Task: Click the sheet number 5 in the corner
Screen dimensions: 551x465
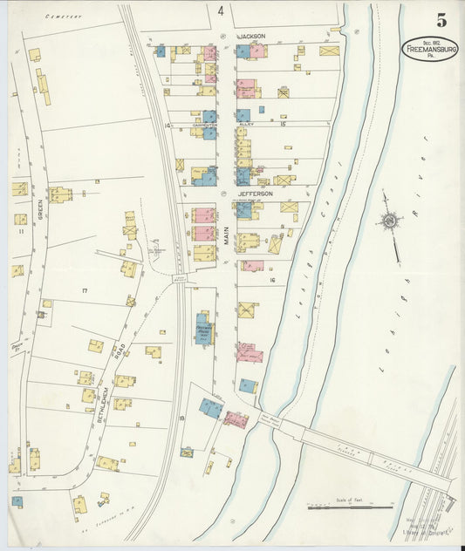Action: pos(441,20)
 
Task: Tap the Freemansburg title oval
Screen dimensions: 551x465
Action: pos(429,49)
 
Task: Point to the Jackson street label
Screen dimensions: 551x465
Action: pos(250,37)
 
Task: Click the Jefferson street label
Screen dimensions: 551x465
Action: pos(256,194)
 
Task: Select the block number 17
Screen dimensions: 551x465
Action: pos(85,289)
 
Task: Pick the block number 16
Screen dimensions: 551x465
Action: pos(272,280)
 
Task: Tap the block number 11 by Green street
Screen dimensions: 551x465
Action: pos(19,231)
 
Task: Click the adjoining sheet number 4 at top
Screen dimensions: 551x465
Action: pos(221,11)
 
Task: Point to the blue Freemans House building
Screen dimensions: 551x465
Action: pos(203,330)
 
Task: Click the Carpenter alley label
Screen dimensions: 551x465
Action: pos(204,126)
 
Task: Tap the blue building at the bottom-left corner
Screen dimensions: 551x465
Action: pos(17,501)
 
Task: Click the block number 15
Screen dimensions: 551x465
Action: pos(283,125)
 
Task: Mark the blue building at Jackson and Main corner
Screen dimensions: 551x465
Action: pos(242,52)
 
